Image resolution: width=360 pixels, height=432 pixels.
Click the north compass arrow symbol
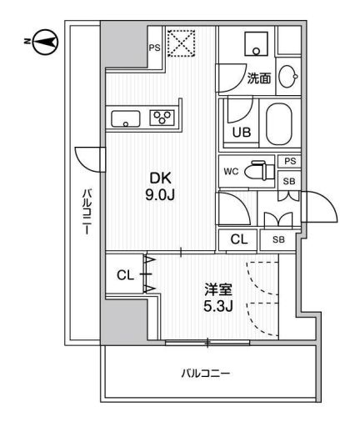point(47,39)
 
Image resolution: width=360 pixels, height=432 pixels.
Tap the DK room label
point(161,178)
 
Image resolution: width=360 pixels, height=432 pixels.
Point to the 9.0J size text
point(161,195)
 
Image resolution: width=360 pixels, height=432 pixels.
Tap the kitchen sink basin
point(127,118)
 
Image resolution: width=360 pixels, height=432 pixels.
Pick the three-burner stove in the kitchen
point(161,117)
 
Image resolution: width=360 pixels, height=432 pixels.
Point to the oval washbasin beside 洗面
point(288,77)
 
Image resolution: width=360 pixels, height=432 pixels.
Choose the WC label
point(232,172)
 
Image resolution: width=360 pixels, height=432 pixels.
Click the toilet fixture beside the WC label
point(262,171)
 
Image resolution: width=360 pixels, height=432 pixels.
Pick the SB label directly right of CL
point(277,240)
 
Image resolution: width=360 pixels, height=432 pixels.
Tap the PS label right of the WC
point(288,162)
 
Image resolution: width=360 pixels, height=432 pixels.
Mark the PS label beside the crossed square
point(154,48)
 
